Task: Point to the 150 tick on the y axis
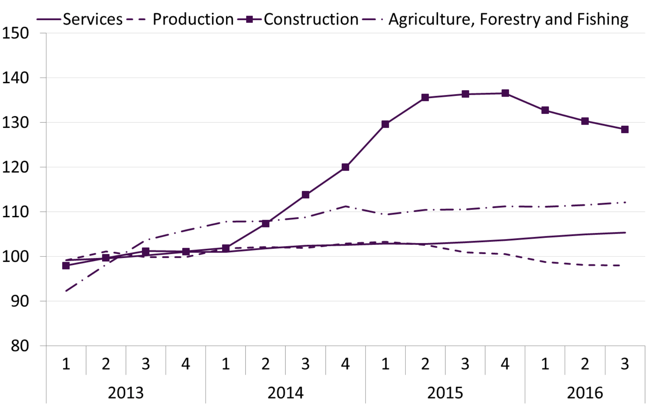(x=15, y=33)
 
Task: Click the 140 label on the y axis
(x=15, y=78)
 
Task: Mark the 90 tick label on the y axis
(x=20, y=301)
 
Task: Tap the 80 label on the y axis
(x=20, y=346)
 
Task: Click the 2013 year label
(x=125, y=393)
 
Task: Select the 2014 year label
(x=285, y=393)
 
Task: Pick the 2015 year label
(x=445, y=393)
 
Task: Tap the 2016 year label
(x=585, y=393)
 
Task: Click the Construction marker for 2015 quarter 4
(x=505, y=93)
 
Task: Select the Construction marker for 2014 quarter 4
(x=345, y=167)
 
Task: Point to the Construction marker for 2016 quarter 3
(x=625, y=130)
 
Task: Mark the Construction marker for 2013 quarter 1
(x=66, y=266)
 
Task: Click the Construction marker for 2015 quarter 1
(x=385, y=124)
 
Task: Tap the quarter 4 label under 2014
(x=345, y=364)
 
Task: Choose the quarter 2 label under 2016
(x=585, y=364)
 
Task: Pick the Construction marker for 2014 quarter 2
(x=265, y=224)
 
